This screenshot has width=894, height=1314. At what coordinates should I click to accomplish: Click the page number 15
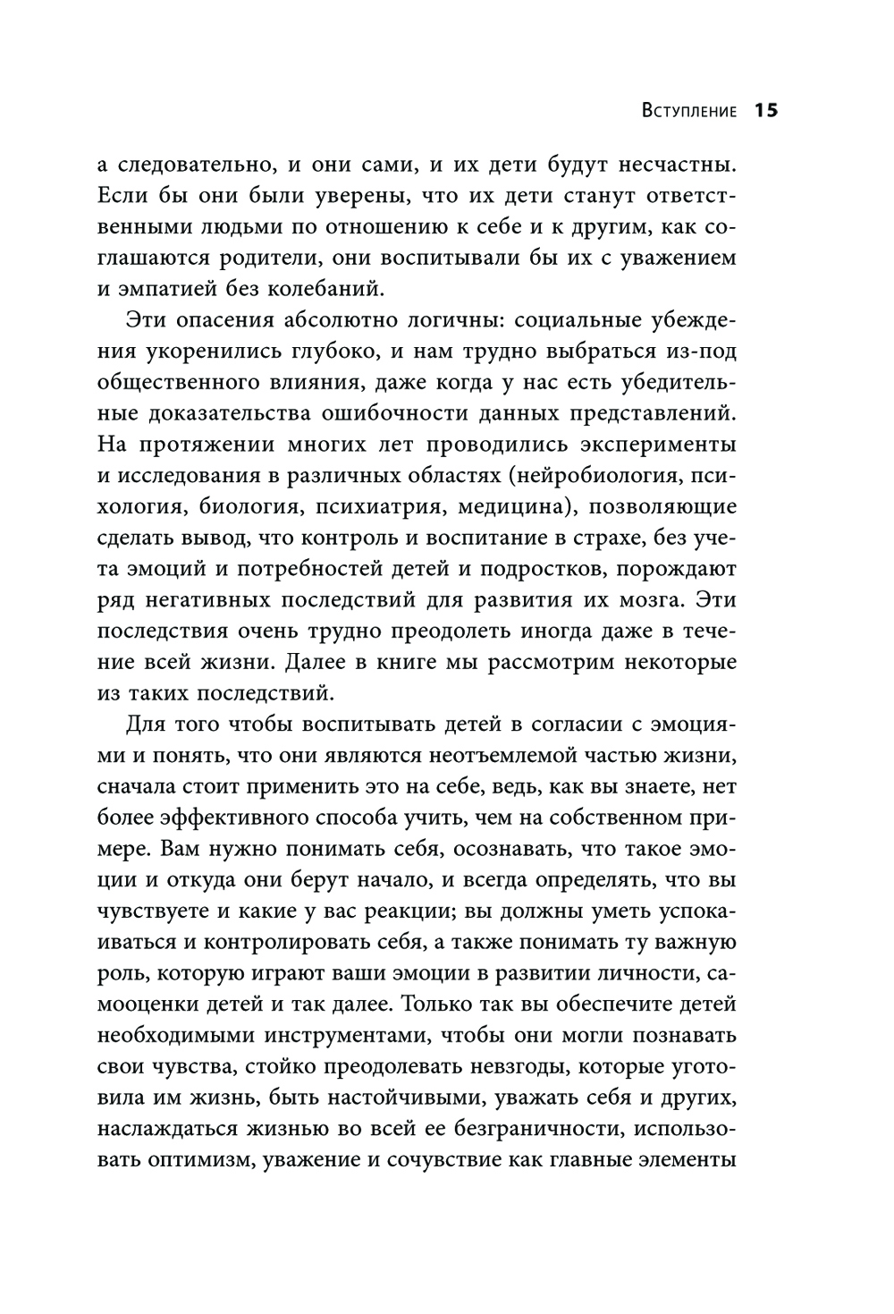point(767,111)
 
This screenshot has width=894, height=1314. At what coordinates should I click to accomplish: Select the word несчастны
point(671,165)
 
